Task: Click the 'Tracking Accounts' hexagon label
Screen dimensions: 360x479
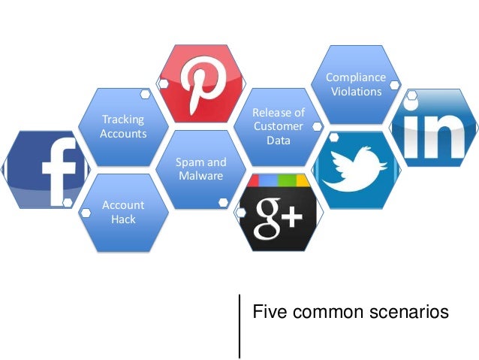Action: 123,126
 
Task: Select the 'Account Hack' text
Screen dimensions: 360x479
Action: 123,212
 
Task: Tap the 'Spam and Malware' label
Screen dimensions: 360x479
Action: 200,169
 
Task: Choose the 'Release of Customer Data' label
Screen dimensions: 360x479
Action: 278,126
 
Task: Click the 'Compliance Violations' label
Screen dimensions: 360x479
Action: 355,84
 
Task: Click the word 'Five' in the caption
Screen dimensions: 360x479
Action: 267,310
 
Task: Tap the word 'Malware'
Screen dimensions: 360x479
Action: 200,176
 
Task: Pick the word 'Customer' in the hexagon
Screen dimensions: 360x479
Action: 278,126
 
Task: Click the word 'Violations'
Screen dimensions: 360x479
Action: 355,92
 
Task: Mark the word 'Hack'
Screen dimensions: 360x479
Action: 123,219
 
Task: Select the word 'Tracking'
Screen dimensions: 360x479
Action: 123,119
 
